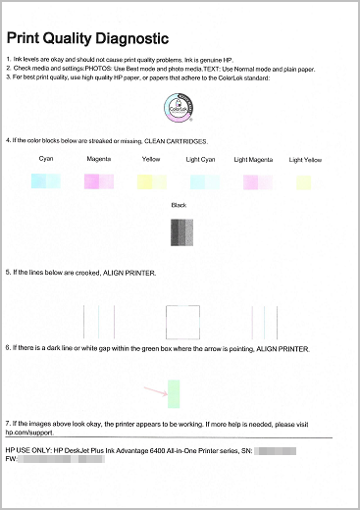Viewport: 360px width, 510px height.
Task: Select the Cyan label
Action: click(x=46, y=159)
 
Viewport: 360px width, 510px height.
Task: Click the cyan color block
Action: click(x=46, y=180)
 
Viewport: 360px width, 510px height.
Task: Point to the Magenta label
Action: click(x=99, y=159)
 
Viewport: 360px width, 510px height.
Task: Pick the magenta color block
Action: click(x=99, y=180)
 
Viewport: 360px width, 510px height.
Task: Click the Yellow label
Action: click(x=150, y=159)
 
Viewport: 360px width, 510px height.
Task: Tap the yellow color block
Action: click(x=150, y=181)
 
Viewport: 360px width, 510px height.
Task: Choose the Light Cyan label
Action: click(x=203, y=159)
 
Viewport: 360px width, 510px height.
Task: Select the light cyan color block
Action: click(x=203, y=181)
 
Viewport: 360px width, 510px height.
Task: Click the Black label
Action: click(x=178, y=206)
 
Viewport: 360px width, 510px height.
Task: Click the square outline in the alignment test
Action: click(x=181, y=320)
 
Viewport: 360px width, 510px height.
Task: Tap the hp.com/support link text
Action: click(x=28, y=430)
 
